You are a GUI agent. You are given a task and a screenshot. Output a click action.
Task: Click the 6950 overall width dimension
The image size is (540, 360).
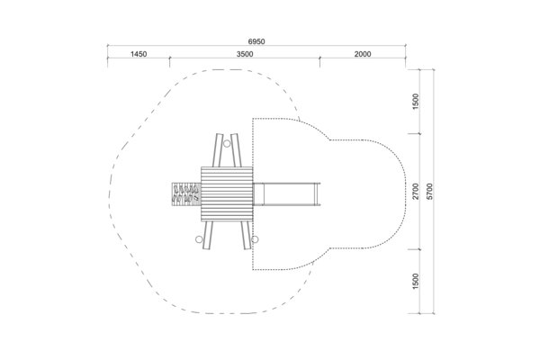(x=256, y=41)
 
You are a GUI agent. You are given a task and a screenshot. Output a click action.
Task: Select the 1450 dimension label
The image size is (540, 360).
(x=139, y=54)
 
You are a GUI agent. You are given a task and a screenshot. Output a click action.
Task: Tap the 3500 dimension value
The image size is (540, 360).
(x=245, y=54)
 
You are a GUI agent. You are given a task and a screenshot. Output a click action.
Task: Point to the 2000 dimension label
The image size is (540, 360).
(x=363, y=54)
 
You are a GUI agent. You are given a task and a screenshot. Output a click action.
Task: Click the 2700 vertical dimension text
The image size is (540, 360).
(x=416, y=191)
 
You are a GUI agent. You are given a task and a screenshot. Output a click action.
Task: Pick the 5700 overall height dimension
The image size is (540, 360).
(x=429, y=191)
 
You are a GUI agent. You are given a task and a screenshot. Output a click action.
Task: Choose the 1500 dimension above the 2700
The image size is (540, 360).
(x=416, y=102)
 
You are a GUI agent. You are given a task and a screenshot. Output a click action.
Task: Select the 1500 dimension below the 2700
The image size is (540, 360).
(x=416, y=281)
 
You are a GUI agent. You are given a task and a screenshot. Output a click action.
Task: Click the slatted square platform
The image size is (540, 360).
(x=227, y=194)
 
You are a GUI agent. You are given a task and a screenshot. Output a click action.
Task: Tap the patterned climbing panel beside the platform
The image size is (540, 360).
(x=186, y=194)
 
